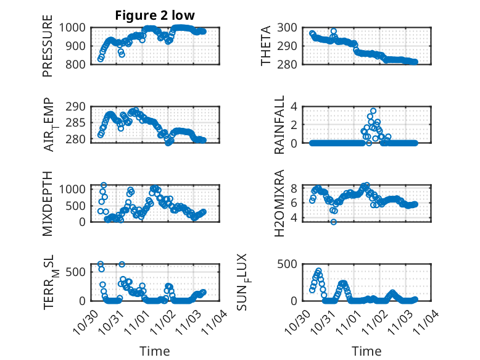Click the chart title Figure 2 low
(155, 15)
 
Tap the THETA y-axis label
(266, 46)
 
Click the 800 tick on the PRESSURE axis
(76, 64)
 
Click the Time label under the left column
(155, 351)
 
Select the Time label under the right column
(366, 351)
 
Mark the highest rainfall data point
(373, 111)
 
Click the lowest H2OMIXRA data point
(334, 221)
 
